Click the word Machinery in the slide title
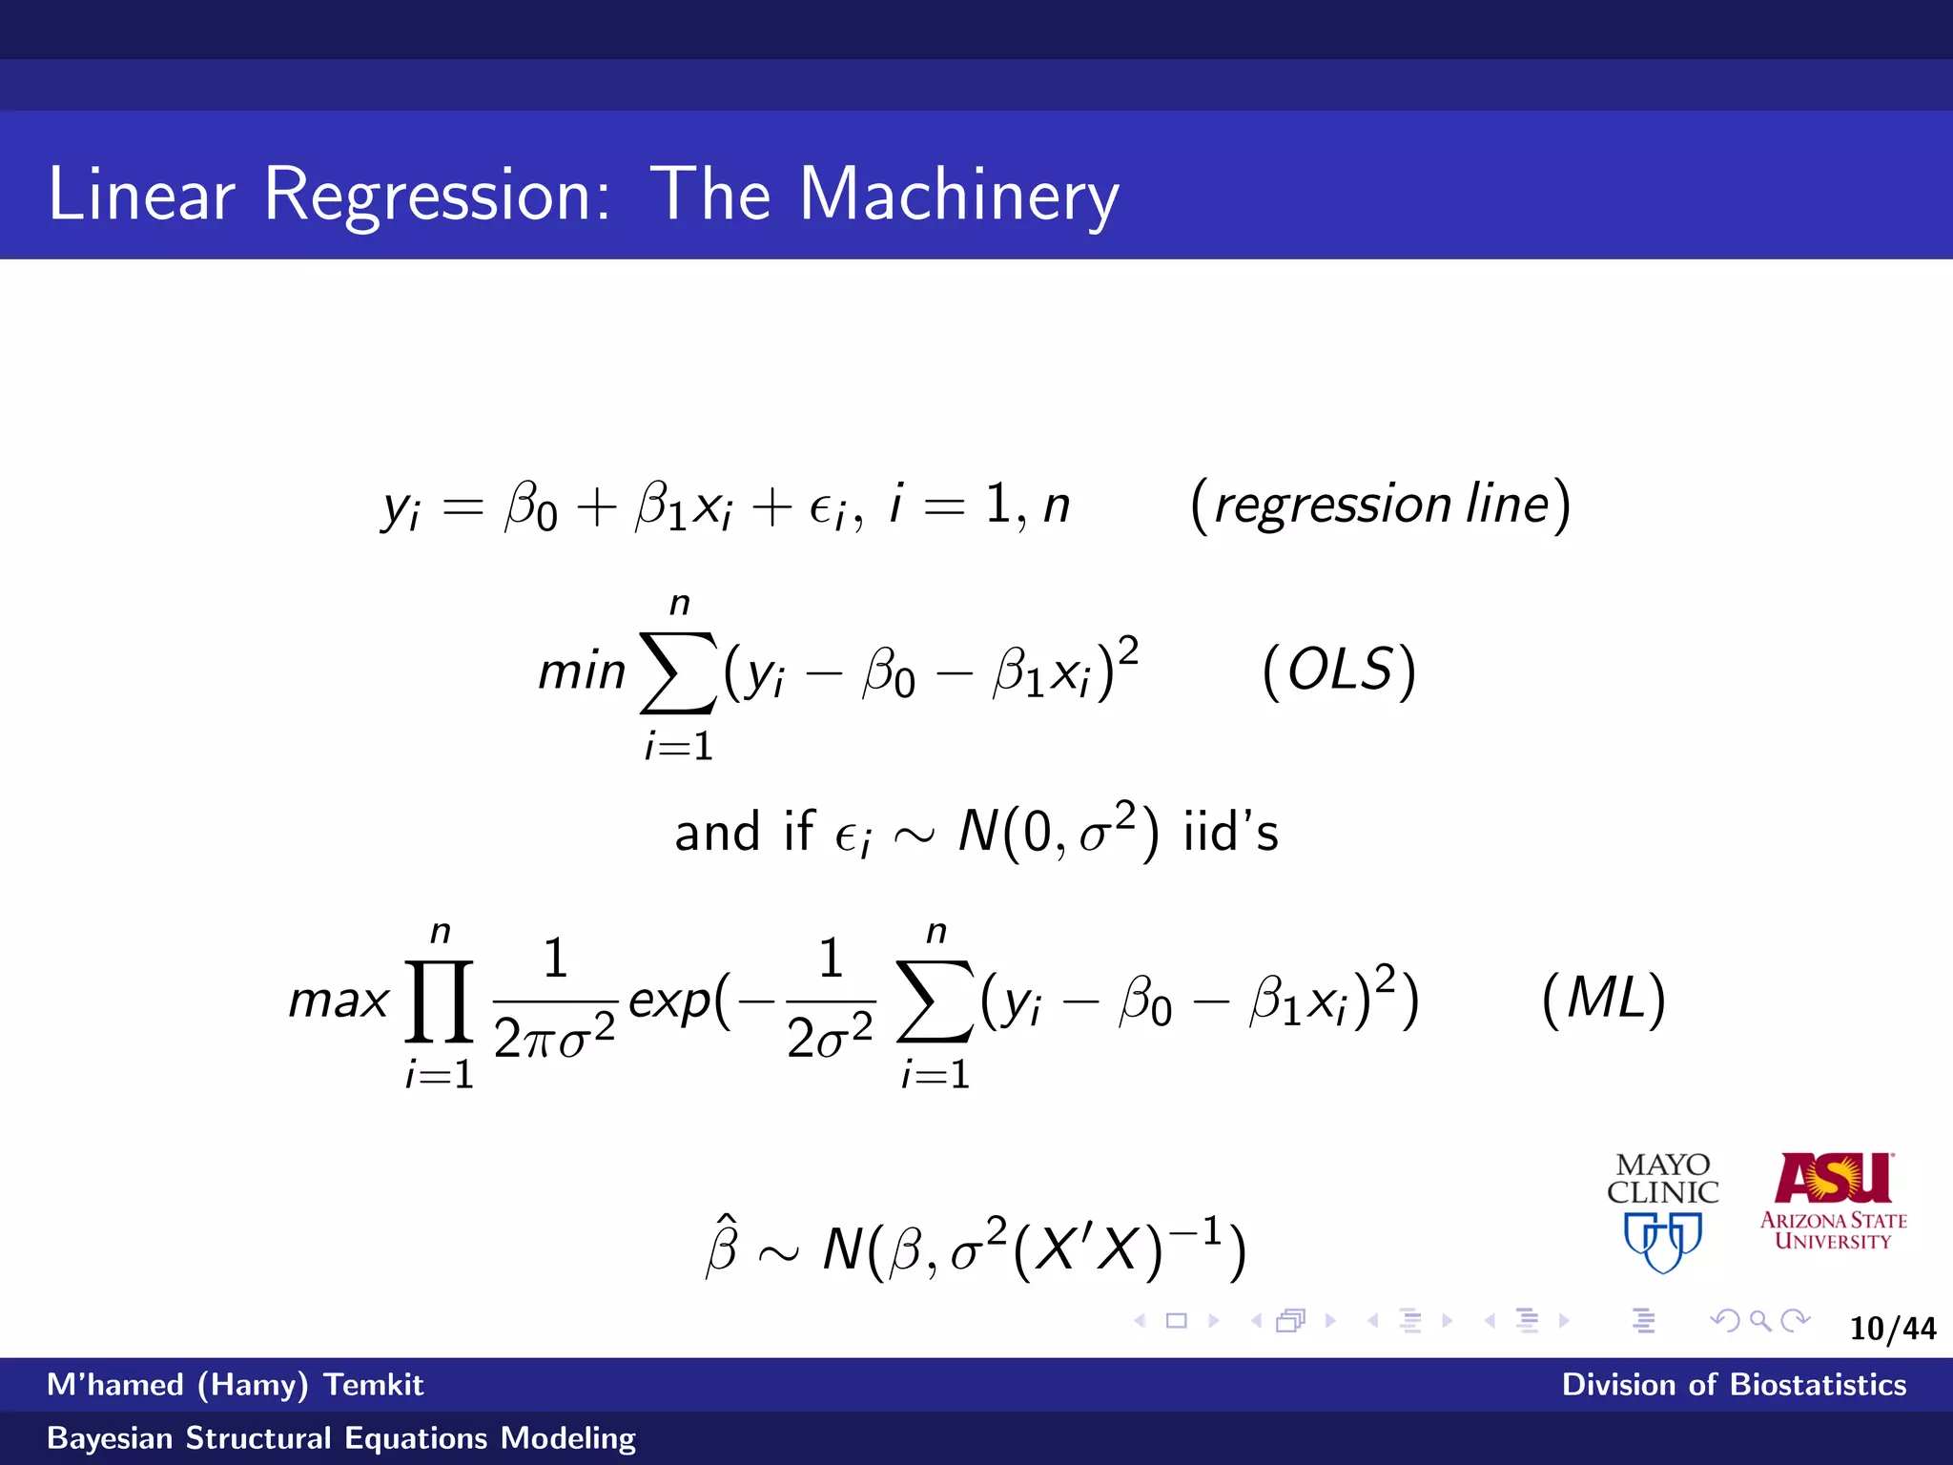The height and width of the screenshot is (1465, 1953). [958, 196]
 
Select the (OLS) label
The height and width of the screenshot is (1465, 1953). [1339, 671]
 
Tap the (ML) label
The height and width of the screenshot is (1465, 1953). [1603, 1000]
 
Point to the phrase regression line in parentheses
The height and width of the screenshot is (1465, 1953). [1381, 505]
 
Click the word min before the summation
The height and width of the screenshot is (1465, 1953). [582, 671]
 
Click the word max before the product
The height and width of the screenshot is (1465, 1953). [339, 1001]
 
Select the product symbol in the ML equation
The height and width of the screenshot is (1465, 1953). [440, 1001]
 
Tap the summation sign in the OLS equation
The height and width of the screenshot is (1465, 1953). [678, 671]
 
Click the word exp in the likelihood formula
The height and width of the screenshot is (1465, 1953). [670, 1001]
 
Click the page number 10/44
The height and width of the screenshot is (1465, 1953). [1892, 1329]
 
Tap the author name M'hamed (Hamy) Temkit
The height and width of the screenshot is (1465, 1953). [235, 1385]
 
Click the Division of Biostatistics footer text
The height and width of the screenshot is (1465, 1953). [1734, 1385]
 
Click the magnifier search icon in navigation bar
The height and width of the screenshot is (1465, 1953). [1760, 1321]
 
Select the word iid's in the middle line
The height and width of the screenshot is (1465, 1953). [1230, 832]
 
